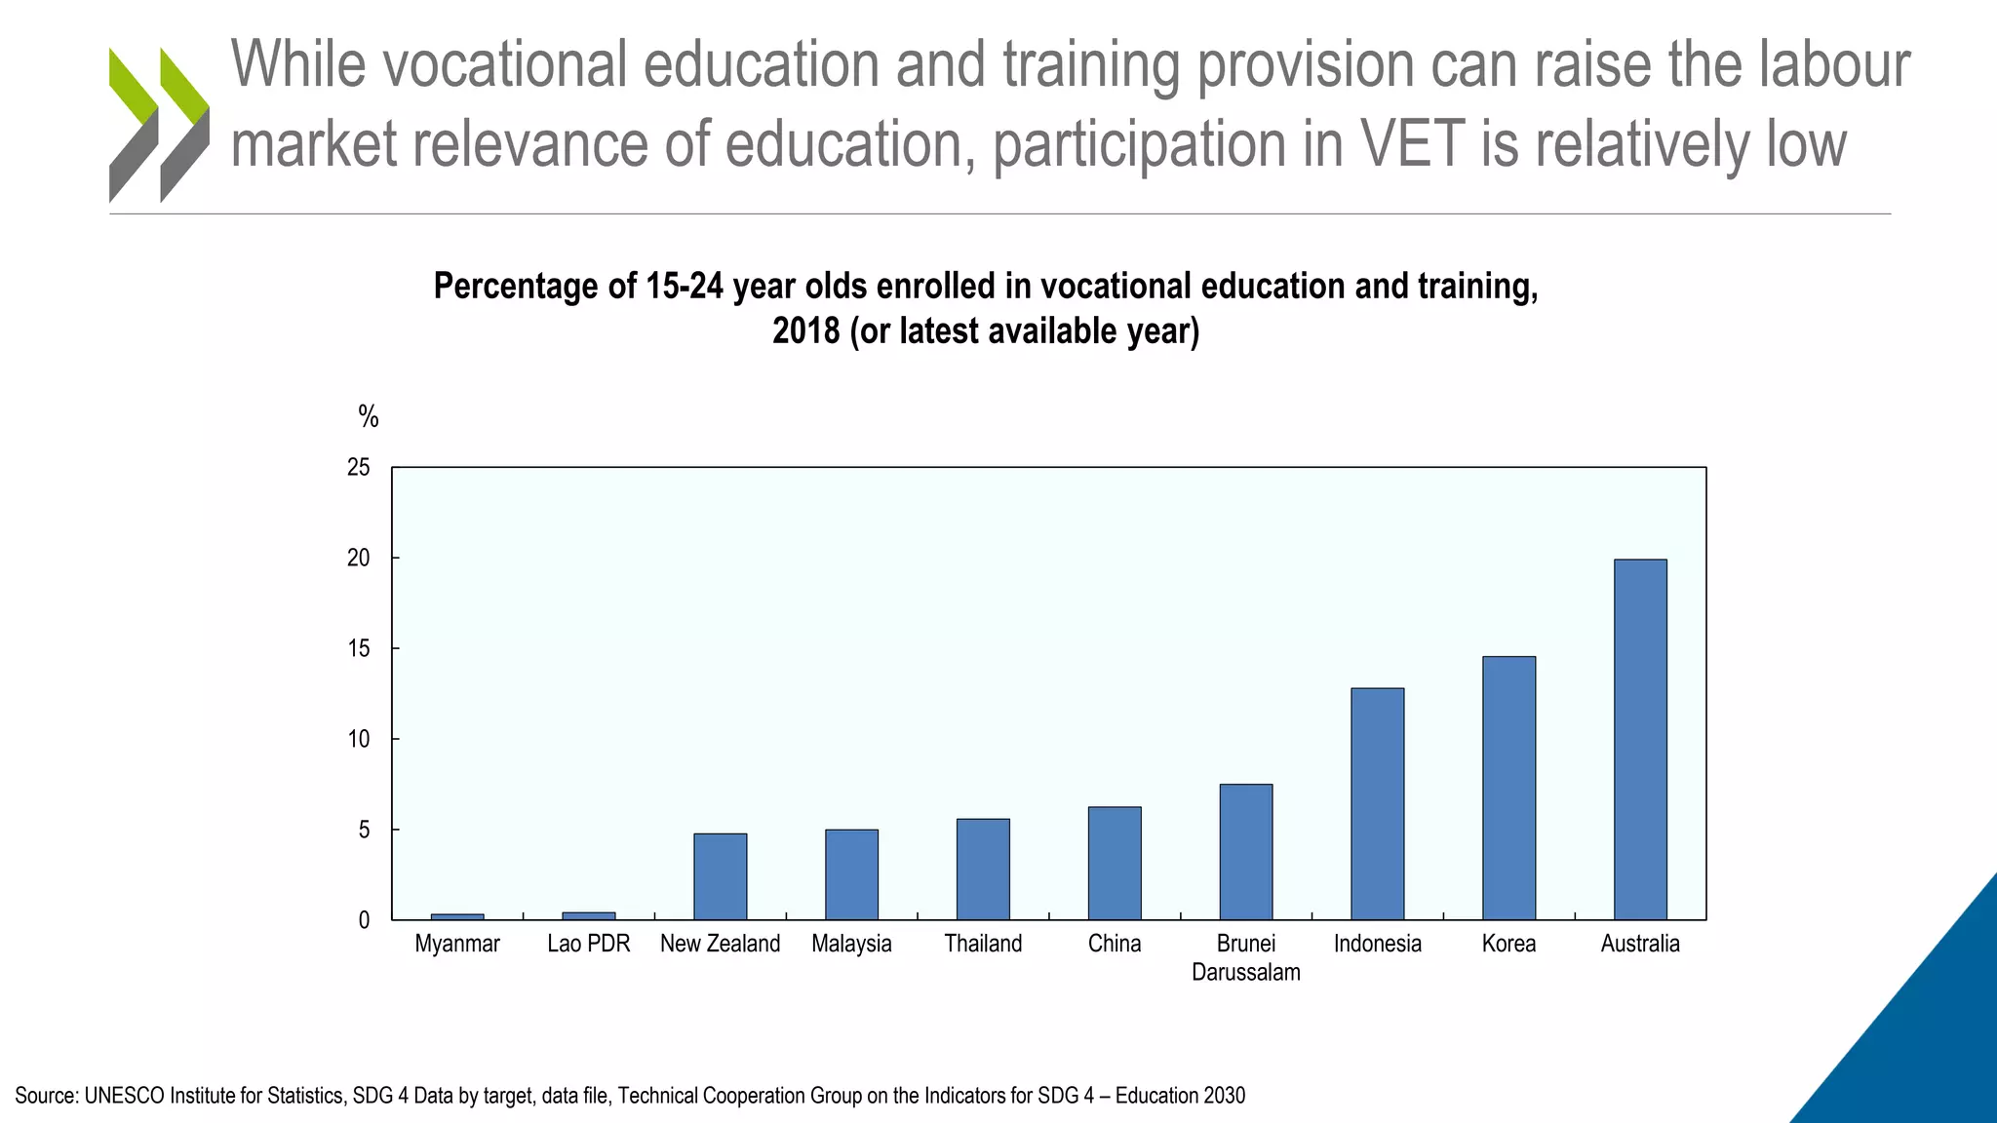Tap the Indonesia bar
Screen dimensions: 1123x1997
pyautogui.click(x=1377, y=803)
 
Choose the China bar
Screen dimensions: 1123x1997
pyautogui.click(x=1115, y=863)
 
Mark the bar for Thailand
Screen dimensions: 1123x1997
pyautogui.click(x=983, y=869)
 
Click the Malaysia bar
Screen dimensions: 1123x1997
pyautogui.click(x=851, y=874)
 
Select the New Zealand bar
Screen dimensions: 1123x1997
pyautogui.click(x=720, y=876)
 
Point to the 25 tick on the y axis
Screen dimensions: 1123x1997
pyautogui.click(x=359, y=468)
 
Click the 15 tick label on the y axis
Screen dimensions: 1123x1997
pyautogui.click(x=359, y=649)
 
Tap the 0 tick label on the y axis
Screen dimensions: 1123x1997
pyautogui.click(x=364, y=920)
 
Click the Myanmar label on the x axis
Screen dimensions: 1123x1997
pyautogui.click(x=456, y=944)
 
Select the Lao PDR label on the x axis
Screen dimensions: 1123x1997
pyautogui.click(x=588, y=944)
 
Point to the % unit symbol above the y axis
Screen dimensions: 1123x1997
pyautogui.click(x=368, y=417)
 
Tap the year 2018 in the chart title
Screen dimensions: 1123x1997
pyautogui.click(x=805, y=331)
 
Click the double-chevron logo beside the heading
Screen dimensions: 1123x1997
pyautogui.click(x=159, y=124)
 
